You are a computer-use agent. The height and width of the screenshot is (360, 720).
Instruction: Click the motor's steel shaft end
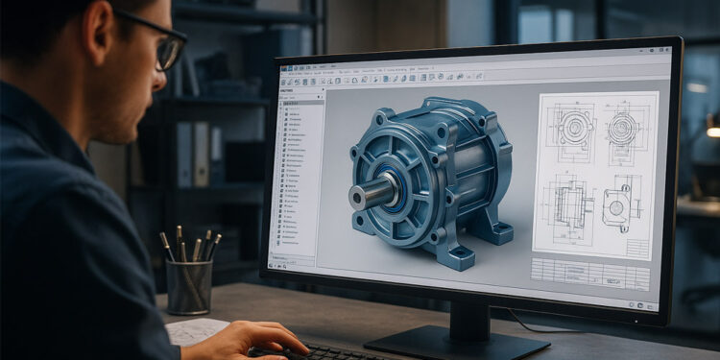(x=361, y=197)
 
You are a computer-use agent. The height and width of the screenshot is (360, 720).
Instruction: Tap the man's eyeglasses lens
(x=170, y=50)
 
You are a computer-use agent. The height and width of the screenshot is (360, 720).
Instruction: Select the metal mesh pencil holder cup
(x=189, y=286)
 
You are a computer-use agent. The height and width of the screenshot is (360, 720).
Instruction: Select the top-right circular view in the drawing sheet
(x=623, y=130)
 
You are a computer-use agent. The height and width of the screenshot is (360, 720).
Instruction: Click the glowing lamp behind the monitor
(x=712, y=130)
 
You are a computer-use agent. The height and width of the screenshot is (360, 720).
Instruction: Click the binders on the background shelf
(x=192, y=154)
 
